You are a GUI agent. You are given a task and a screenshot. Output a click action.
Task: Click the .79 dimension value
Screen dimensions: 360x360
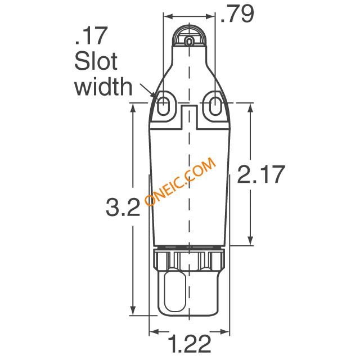tap(237, 13)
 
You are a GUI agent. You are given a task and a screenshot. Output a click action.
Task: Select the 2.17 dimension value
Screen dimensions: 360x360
tap(261, 174)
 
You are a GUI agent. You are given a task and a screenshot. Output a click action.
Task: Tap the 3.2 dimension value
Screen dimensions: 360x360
tap(123, 208)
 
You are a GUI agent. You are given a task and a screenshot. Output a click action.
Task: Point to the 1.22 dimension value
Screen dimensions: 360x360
tap(190, 344)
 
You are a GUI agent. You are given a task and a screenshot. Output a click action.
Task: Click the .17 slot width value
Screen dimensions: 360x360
tap(91, 36)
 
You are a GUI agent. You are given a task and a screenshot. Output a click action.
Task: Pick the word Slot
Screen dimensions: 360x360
tap(96, 61)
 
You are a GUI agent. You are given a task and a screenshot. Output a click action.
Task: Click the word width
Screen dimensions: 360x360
tap(103, 86)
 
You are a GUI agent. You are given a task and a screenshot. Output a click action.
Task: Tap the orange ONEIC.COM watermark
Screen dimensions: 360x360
tap(181, 181)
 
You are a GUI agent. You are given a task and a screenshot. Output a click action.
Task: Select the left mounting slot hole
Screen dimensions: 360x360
tap(163, 106)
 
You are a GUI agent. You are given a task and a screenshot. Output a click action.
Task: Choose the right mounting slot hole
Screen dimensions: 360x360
tap(215, 106)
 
